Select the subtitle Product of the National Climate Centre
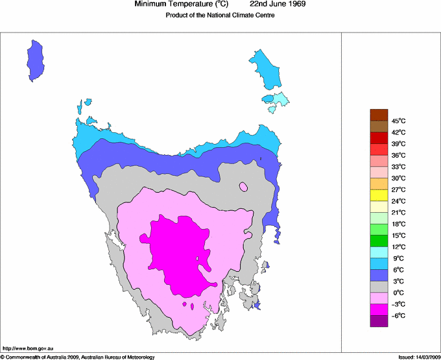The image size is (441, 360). [x=220, y=15]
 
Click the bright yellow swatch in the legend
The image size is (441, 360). [x=379, y=195]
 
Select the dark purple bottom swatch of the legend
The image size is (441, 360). [x=379, y=321]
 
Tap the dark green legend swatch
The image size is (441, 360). [x=379, y=241]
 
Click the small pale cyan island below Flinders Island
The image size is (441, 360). [x=279, y=99]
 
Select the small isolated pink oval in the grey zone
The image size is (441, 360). [x=243, y=187]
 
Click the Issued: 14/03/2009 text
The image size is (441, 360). [x=417, y=357]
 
